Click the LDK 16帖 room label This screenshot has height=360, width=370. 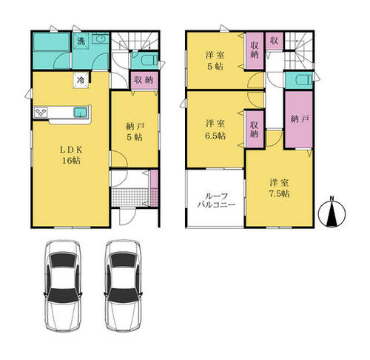pos(71,155)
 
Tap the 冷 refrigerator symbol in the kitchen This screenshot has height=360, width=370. pos(81,80)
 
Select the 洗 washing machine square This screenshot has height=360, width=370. pos(81,41)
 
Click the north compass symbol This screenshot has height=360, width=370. pos(332,212)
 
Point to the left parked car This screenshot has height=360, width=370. pos(63,286)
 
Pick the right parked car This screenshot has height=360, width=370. pos(123,286)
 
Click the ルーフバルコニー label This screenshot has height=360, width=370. pos(216,200)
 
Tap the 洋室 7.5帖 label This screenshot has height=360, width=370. pos(279,188)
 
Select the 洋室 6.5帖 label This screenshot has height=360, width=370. pos(215,130)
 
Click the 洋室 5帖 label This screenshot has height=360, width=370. pos(215,61)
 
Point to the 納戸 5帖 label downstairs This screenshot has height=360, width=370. pos(135,132)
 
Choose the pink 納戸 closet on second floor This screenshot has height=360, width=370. pos(299,119)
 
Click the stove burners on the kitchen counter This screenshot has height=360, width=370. pos(41,113)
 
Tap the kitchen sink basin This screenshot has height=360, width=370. pos(81,113)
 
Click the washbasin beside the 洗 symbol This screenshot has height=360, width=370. pos(101,39)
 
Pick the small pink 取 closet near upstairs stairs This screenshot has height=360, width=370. pos(274,41)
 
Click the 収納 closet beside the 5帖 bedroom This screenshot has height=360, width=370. pos(255,51)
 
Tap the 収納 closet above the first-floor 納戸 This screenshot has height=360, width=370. pos(144,80)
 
